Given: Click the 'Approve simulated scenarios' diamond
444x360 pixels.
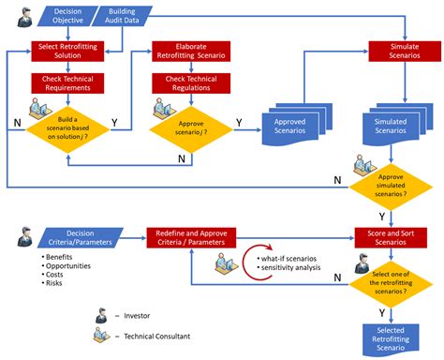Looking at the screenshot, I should [x=392, y=187].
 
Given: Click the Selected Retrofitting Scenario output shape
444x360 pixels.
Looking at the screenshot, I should [x=392, y=337].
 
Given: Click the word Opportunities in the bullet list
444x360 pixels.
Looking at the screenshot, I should [x=69, y=268].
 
